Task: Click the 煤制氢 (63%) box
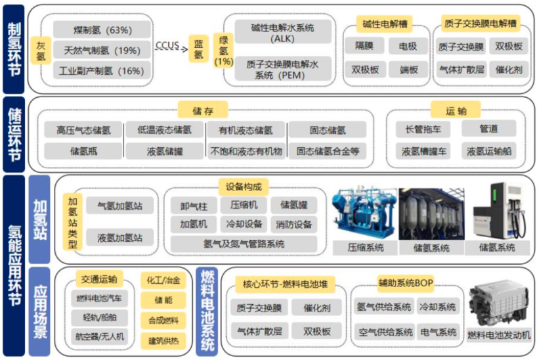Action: [x=102, y=30]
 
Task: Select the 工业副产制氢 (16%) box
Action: [x=102, y=70]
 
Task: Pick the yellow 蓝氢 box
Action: [x=198, y=50]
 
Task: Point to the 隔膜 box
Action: [x=364, y=47]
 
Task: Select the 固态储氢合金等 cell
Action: [x=328, y=151]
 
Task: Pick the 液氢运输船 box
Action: [x=488, y=151]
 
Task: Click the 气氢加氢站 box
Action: [x=115, y=206]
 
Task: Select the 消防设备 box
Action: [x=293, y=224]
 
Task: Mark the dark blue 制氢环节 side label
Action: [x=13, y=48]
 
